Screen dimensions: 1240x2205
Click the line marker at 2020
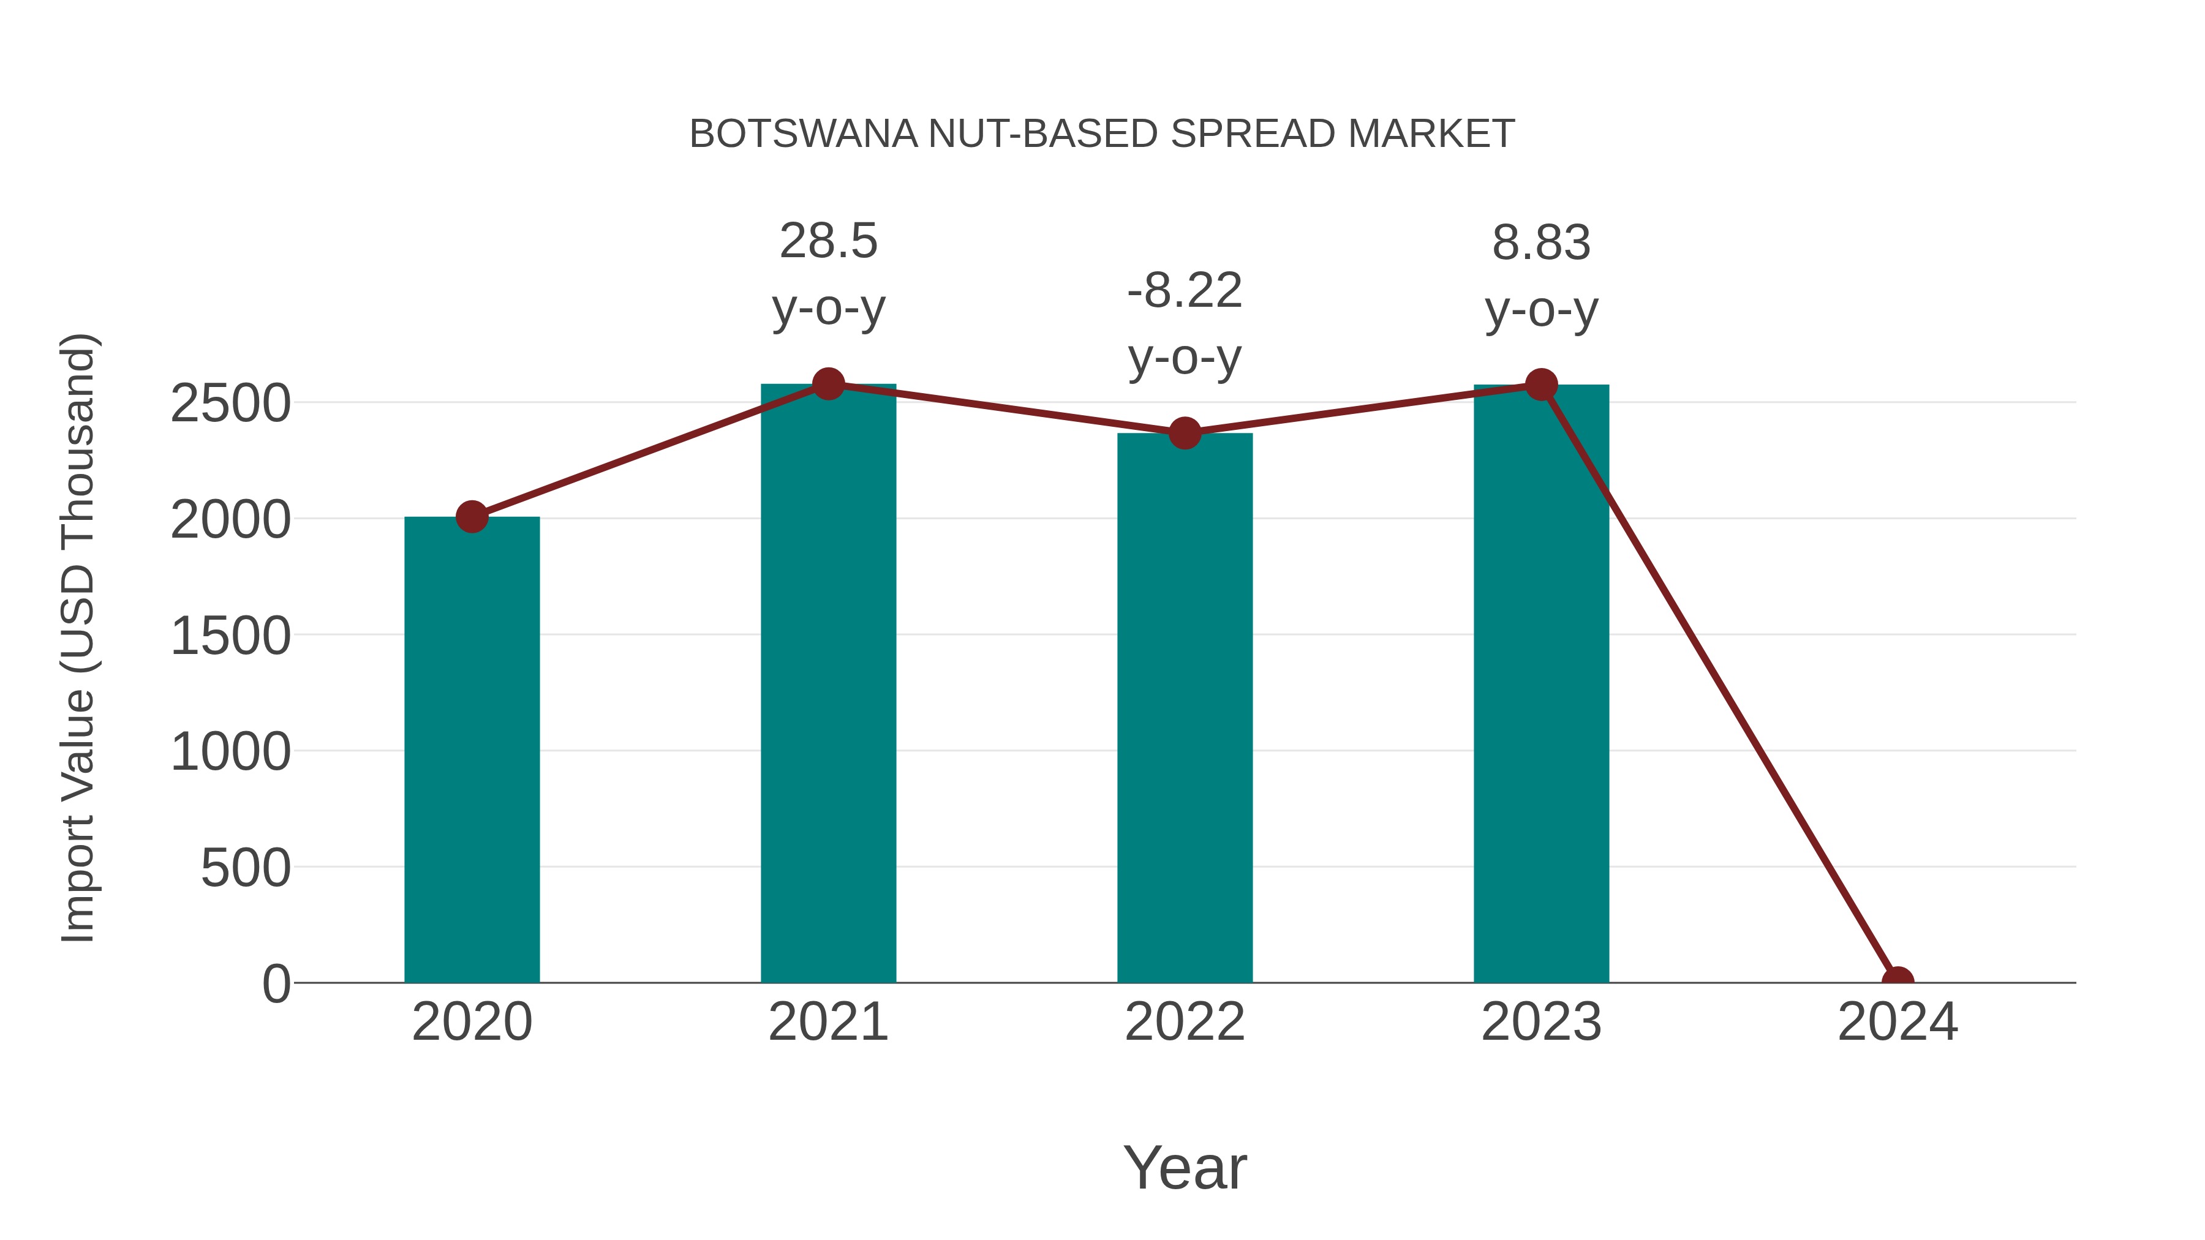click(x=472, y=516)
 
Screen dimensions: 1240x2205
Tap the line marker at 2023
click(x=1541, y=385)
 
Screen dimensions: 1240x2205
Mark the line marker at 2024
click(x=1898, y=981)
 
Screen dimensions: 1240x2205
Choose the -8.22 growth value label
click(x=1185, y=290)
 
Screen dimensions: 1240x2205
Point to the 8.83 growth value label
click(x=1541, y=243)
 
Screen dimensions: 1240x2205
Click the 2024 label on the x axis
click(x=1898, y=1022)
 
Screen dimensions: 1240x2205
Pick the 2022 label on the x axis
click(x=1185, y=1022)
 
